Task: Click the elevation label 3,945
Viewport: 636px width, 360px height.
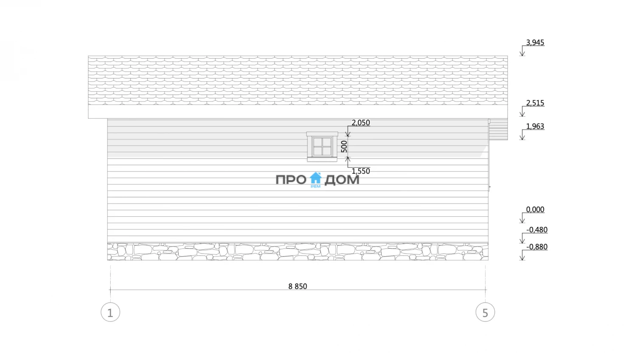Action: [535, 42]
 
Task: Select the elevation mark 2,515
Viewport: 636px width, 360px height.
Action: [535, 103]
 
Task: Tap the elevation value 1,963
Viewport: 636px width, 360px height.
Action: [535, 126]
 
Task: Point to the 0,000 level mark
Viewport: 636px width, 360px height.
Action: [535, 209]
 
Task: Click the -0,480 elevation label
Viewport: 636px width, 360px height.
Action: [537, 230]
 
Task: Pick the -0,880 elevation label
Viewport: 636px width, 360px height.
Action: [537, 247]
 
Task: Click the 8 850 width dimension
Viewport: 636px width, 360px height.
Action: [298, 286]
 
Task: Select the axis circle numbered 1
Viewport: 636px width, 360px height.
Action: [110, 313]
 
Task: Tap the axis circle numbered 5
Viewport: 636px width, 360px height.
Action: [485, 313]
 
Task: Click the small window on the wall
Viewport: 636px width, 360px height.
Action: [322, 146]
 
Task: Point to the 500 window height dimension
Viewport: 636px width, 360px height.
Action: [344, 146]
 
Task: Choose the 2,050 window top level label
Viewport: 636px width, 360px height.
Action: [360, 123]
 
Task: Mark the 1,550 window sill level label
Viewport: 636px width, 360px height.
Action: [360, 171]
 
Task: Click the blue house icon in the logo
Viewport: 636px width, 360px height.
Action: [315, 178]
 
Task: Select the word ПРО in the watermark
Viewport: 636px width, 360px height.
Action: [291, 180]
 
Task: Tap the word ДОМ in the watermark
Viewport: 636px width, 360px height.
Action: [342, 180]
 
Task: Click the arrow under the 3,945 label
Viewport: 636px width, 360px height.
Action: [522, 51]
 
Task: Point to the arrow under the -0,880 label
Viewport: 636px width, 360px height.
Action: [522, 255]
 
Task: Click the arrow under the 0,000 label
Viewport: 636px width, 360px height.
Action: [522, 218]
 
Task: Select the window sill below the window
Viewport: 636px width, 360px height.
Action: [322, 159]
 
